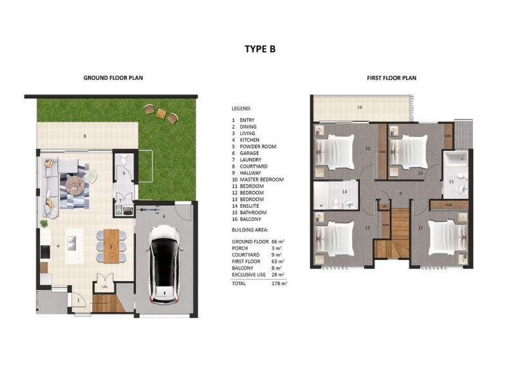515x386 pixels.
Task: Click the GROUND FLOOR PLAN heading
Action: coord(113,78)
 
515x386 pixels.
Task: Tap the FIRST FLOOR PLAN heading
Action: coord(391,78)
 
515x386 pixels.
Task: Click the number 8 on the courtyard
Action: coord(84,136)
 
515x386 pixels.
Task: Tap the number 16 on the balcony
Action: coord(360,107)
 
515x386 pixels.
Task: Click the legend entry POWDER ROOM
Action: coord(257,147)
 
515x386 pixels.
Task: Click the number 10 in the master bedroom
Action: coord(368,149)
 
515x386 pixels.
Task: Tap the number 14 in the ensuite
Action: coord(344,192)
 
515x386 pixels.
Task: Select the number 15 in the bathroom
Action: coord(451,182)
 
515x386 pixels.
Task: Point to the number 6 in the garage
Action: coord(164,217)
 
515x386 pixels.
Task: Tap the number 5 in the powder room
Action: coord(124,173)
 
